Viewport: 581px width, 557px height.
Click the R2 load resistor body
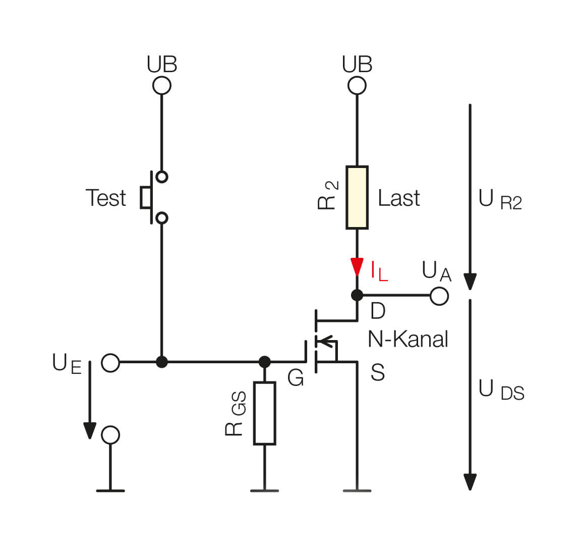pyautogui.click(x=357, y=197)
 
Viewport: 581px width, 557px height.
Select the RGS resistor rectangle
pyautogui.click(x=264, y=413)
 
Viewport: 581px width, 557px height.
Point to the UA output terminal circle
pyautogui.click(x=439, y=296)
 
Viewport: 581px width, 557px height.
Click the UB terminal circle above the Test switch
pyautogui.click(x=161, y=85)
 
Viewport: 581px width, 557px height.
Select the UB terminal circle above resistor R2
pyautogui.click(x=357, y=85)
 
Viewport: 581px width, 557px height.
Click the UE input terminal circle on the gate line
pyautogui.click(x=110, y=362)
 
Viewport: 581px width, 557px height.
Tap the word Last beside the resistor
pyautogui.click(x=398, y=198)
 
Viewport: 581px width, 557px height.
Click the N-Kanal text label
pyautogui.click(x=408, y=339)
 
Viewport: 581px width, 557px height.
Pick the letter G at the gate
pyautogui.click(x=296, y=378)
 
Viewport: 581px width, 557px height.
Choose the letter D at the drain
pyautogui.click(x=378, y=311)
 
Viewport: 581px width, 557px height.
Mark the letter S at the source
pyautogui.click(x=378, y=372)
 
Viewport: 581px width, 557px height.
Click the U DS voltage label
pyautogui.click(x=501, y=390)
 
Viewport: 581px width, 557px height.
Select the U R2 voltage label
pyautogui.click(x=499, y=200)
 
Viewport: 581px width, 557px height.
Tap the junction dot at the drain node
pyautogui.click(x=357, y=295)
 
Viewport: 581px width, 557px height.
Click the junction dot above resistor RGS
pyautogui.click(x=264, y=362)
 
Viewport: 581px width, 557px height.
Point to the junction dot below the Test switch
pyautogui.click(x=161, y=362)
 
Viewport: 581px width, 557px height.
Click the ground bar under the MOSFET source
pyautogui.click(x=357, y=490)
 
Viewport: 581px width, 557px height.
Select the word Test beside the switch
pyautogui.click(x=105, y=198)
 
